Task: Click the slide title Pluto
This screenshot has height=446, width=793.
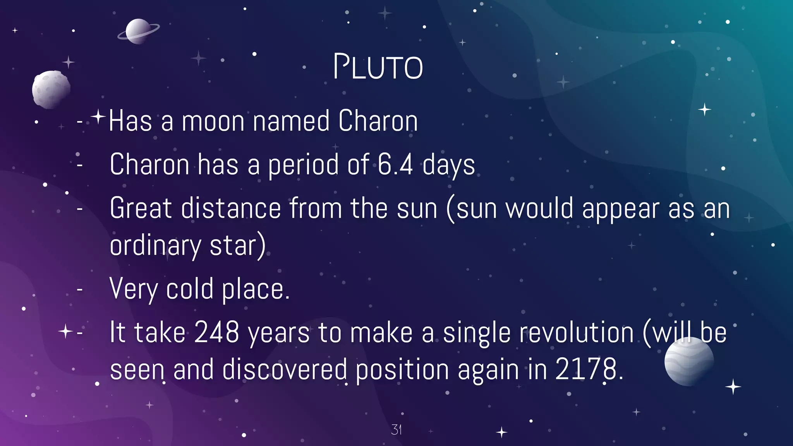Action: tap(378, 67)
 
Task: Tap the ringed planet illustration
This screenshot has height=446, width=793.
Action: tap(138, 31)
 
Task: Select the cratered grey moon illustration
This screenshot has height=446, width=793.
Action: tap(51, 89)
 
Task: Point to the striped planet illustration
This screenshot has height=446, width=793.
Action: tap(689, 361)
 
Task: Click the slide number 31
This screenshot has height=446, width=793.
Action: tap(396, 429)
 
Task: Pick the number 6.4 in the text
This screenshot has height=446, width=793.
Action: tap(395, 165)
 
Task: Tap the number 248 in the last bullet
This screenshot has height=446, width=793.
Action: tap(216, 332)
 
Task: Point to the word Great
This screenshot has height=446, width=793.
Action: tap(141, 208)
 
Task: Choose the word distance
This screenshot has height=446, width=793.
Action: tap(231, 208)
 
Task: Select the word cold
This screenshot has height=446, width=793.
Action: tap(190, 289)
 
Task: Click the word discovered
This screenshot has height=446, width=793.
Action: tap(285, 369)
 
